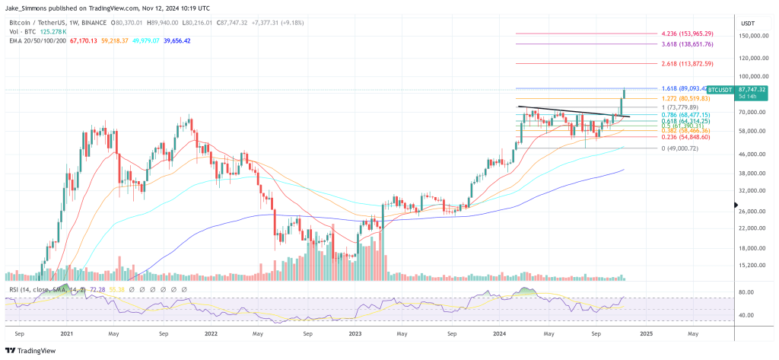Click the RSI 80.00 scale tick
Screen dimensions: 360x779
746,292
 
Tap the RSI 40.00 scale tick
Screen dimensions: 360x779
746,315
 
